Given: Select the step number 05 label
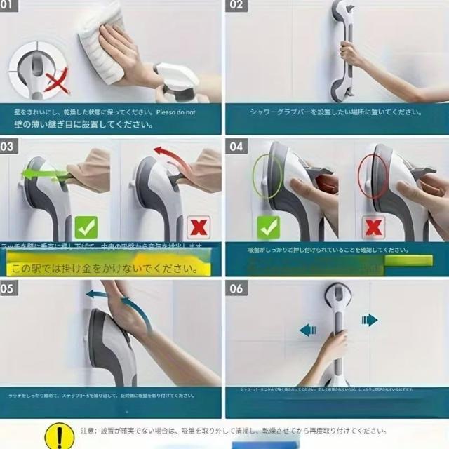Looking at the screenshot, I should click(x=9, y=288).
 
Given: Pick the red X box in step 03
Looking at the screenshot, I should click(x=201, y=227).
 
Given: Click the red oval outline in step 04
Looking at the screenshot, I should click(x=373, y=175).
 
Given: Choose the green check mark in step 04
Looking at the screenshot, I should click(x=268, y=227).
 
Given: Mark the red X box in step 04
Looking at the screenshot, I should click(x=373, y=227).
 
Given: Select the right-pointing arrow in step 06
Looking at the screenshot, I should click(x=370, y=320).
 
